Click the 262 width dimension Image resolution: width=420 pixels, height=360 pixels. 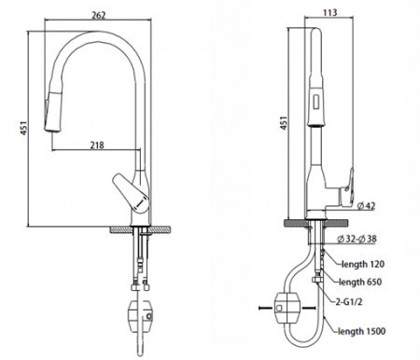pos(98,15)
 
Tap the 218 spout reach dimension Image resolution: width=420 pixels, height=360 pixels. pos(97,145)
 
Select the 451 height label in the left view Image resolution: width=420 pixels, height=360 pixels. pos(24,128)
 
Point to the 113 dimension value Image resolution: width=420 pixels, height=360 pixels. pos(329,12)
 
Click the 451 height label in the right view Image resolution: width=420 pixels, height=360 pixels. pos(284,123)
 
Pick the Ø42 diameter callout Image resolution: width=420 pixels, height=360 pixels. pos(367,205)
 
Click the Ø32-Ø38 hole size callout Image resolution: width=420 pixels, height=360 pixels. pos(357,239)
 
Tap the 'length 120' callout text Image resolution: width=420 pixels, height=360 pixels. pos(363,264)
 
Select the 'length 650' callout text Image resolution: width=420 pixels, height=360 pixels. pos(360,282)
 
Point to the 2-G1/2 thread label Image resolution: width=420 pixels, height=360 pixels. pos(349,301)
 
